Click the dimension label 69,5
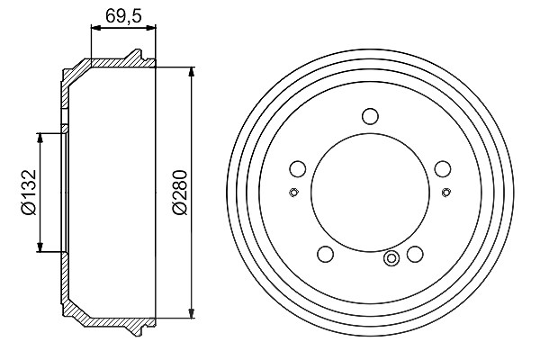123,15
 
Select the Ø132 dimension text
28,193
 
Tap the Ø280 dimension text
180,193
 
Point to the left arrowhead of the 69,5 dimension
95,28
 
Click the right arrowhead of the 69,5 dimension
151,28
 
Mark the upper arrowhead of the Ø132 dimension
40,138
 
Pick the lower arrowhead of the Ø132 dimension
40,247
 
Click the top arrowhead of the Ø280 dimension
192,72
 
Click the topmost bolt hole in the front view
370,116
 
